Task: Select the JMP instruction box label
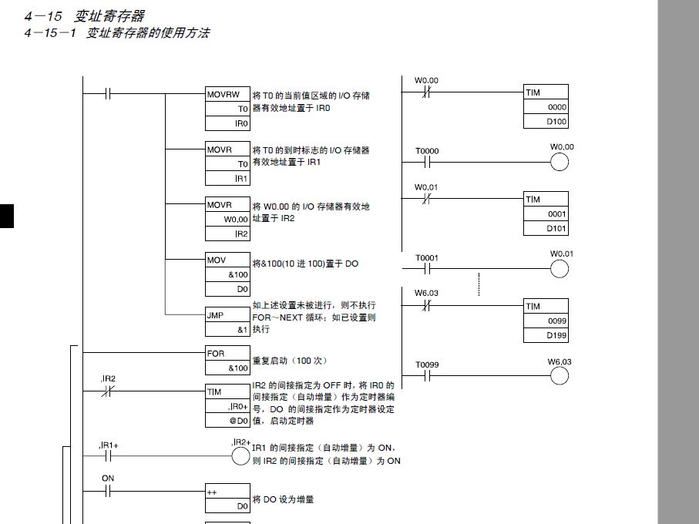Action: (215, 315)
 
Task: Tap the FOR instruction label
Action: (216, 354)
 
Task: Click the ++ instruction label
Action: (212, 492)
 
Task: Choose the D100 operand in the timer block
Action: (556, 122)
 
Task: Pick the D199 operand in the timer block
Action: (556, 335)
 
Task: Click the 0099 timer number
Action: (556, 321)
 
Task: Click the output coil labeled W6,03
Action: (559, 375)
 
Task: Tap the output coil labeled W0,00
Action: (559, 162)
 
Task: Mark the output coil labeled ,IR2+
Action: (241, 455)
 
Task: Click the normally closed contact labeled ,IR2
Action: (108, 391)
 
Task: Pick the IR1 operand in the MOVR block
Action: (241, 179)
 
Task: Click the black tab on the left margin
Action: (7, 217)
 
